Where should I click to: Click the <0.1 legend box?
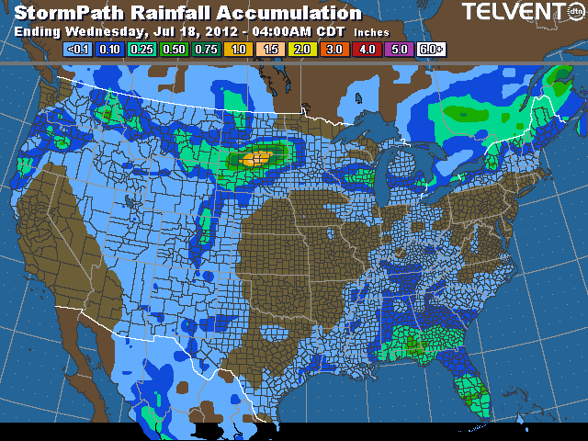[x=80, y=49]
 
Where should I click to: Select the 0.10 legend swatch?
[x=112, y=49]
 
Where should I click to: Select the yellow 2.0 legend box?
[x=303, y=49]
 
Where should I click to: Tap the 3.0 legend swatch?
[x=334, y=49]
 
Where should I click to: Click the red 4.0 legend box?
[x=367, y=49]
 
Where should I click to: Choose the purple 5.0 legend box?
[x=399, y=49]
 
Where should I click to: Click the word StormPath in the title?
[x=68, y=13]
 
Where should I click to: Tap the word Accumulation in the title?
[x=295, y=13]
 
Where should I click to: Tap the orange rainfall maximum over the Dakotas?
[x=257, y=158]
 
